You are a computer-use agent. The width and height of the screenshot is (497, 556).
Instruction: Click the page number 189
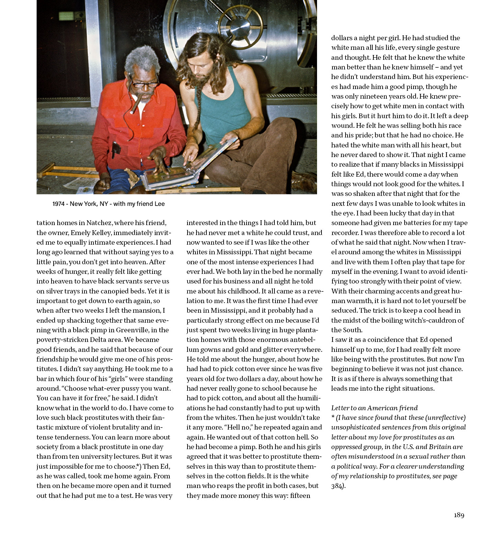click(x=459, y=515)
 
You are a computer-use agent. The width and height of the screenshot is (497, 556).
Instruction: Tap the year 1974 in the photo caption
click(x=59, y=204)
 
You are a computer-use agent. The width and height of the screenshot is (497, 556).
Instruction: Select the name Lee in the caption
click(x=160, y=204)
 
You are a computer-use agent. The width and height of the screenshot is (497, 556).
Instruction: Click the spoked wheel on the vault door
click(x=240, y=26)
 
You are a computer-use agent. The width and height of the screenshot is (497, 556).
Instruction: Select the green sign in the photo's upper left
click(x=66, y=15)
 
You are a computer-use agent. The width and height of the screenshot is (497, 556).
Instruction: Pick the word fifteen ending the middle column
click(x=300, y=496)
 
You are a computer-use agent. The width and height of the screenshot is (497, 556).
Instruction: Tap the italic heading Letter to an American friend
click(x=374, y=408)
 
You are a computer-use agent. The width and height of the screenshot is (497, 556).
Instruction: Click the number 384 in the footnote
click(x=337, y=486)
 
